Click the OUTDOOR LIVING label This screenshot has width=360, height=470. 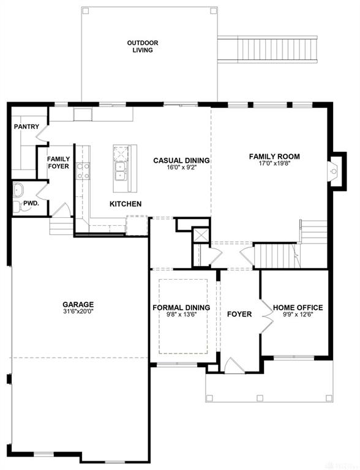coord(143,47)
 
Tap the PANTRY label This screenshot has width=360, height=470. coord(26,127)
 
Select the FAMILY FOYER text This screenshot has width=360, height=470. coord(58,162)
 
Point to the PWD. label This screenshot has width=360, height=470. coord(31,203)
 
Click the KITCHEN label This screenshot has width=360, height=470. coord(126,204)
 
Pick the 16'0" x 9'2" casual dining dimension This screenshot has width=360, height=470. coord(181,167)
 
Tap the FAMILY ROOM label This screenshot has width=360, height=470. coord(274,157)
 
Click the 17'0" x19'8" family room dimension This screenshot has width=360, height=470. coord(274,163)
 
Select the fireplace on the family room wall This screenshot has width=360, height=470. coord(333,171)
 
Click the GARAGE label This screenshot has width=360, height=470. coord(78,305)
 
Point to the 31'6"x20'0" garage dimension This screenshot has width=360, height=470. coord(78,311)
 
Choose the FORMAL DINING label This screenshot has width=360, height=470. coord(181,308)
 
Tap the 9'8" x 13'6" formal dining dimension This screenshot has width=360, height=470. coord(181,315)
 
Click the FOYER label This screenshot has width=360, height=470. coord(239,314)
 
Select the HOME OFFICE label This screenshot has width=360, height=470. coord(298,308)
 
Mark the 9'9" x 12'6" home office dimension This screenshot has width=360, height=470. coord(298,315)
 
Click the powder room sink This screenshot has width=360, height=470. coord(18,190)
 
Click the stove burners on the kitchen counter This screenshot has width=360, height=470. coord(83,171)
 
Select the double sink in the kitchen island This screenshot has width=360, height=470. coord(121,171)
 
